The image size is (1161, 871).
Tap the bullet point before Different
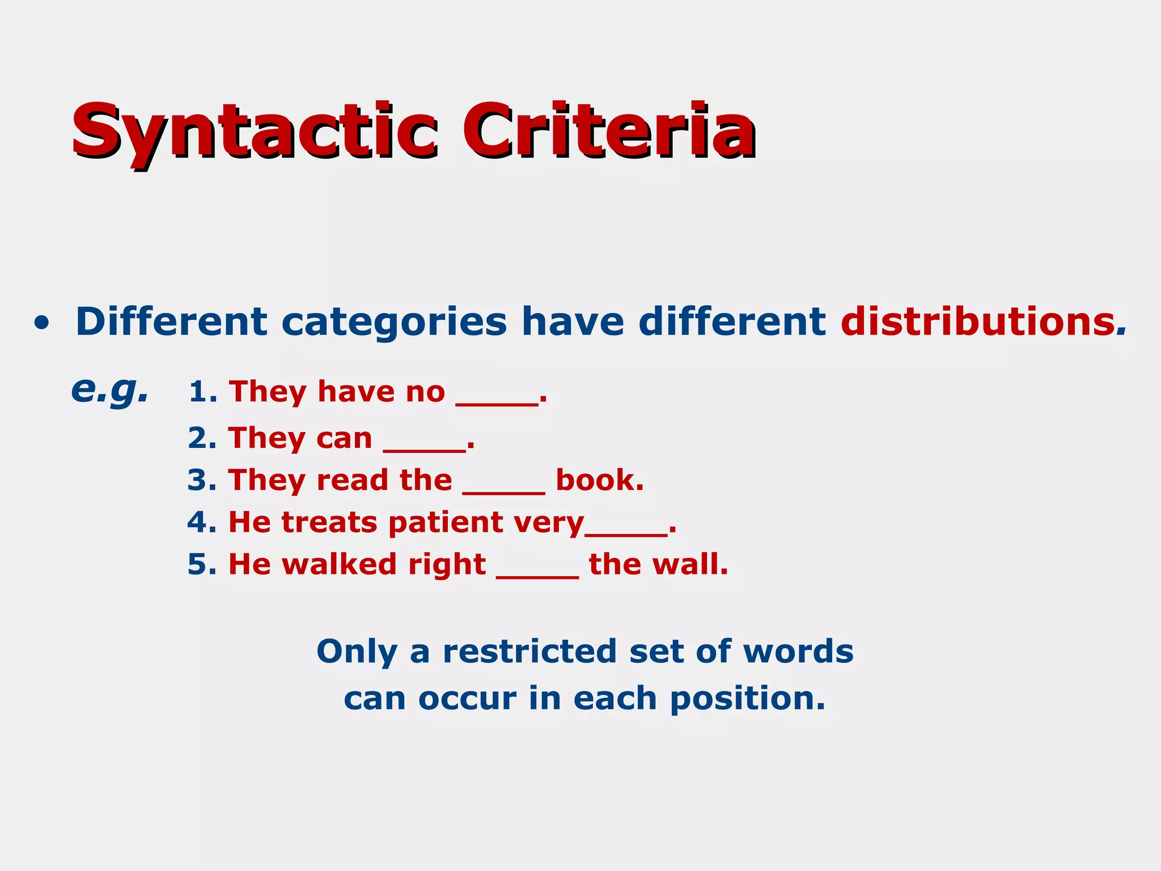tap(41, 323)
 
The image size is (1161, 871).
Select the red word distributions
tap(978, 322)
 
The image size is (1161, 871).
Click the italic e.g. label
tap(110, 391)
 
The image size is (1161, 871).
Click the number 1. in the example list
tap(202, 392)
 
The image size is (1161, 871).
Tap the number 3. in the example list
tap(202, 480)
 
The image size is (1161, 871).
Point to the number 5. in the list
tap(202, 564)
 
